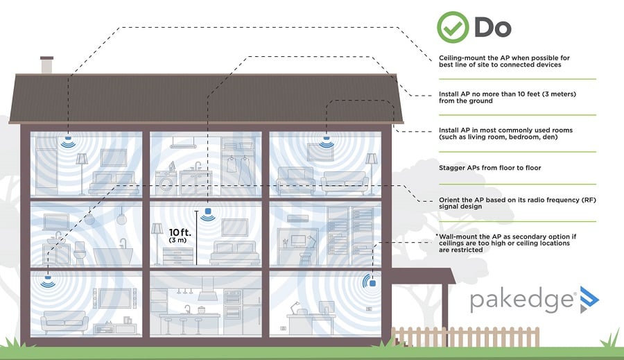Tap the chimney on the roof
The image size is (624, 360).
coord(47,66)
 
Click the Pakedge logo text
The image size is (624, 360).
coord(522,300)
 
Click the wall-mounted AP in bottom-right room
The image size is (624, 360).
coord(372,282)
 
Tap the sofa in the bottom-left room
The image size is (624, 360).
coord(64,322)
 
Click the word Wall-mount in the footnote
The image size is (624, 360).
coord(458,237)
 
